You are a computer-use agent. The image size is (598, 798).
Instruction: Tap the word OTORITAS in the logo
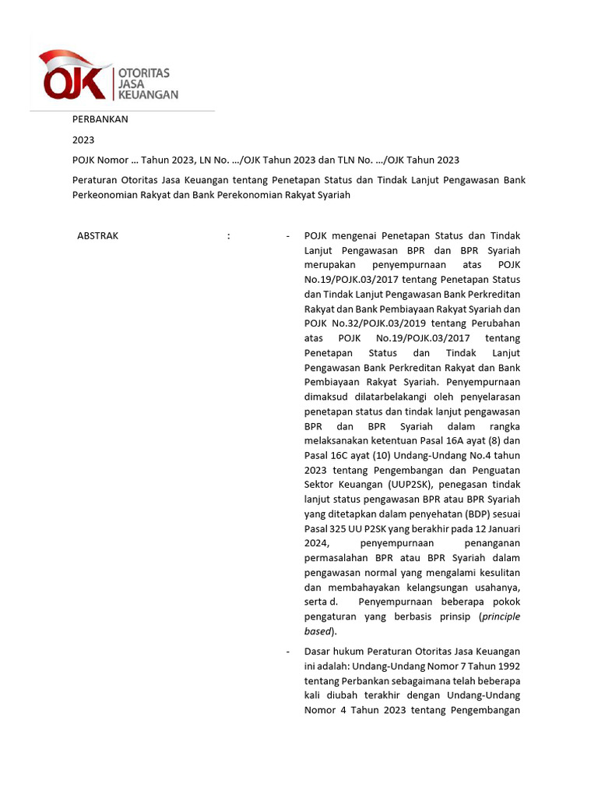pyautogui.click(x=143, y=72)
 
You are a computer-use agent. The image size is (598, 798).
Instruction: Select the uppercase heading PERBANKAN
pyautogui.click(x=100, y=120)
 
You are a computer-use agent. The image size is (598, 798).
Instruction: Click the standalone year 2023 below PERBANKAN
pyautogui.click(x=83, y=140)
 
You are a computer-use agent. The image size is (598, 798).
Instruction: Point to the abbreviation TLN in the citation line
pyautogui.click(x=348, y=161)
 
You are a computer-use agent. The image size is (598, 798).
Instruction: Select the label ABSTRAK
pyautogui.click(x=98, y=235)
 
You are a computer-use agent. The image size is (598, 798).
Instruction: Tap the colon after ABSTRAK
pyautogui.click(x=228, y=235)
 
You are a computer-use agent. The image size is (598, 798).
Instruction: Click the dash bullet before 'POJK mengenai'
pyautogui.click(x=288, y=235)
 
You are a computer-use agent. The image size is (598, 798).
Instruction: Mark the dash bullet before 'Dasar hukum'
pyautogui.click(x=288, y=651)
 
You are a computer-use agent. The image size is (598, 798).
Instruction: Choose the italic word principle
pyautogui.click(x=501, y=617)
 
